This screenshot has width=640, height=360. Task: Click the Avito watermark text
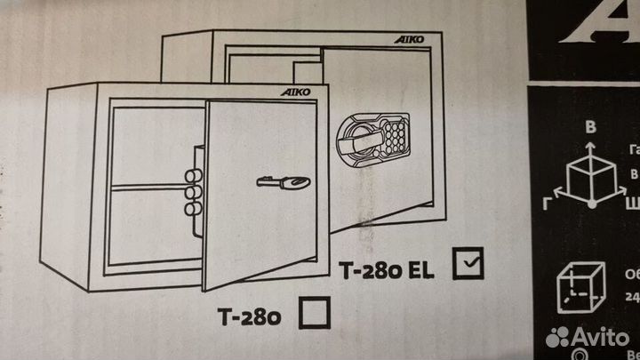tap(602, 336)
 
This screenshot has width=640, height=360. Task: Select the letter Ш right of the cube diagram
tap(632, 202)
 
